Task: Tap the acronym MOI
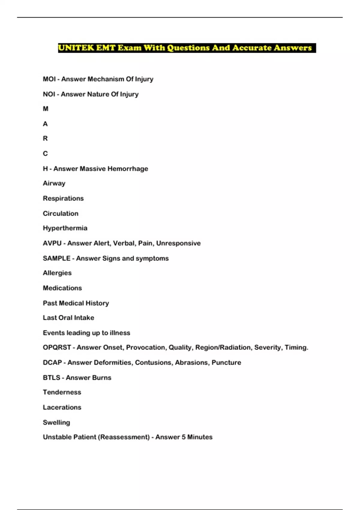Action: pyautogui.click(x=49, y=79)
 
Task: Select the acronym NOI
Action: pyautogui.click(x=49, y=94)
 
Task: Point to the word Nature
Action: pyautogui.click(x=98, y=94)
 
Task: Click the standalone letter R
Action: pyautogui.click(x=45, y=139)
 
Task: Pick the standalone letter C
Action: pyautogui.click(x=45, y=154)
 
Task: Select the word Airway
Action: pyautogui.click(x=54, y=183)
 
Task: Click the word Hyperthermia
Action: pyautogui.click(x=65, y=228)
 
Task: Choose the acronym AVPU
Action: pyautogui.click(x=52, y=243)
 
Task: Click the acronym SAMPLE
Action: pyautogui.click(x=57, y=258)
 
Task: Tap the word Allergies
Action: pyautogui.click(x=57, y=273)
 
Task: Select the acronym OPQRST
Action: pyautogui.click(x=57, y=347)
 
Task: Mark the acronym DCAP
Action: pyautogui.click(x=52, y=363)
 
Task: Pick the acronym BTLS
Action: pyautogui.click(x=52, y=378)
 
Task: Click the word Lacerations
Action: pyautogui.click(x=62, y=407)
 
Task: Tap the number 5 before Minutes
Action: pyautogui.click(x=184, y=437)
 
